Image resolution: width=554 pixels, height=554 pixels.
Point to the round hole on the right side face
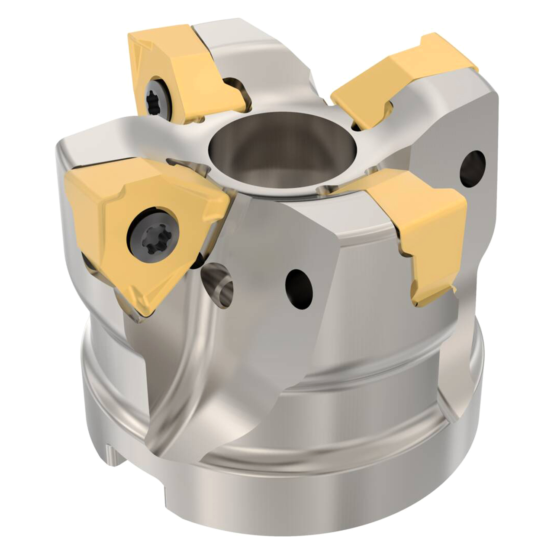[472, 169]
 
